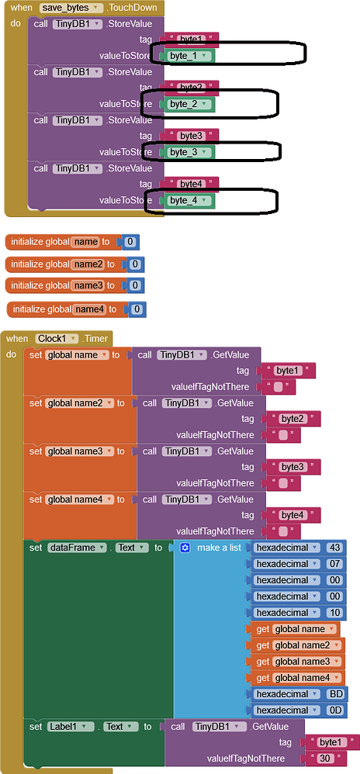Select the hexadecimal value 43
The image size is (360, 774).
[335, 548]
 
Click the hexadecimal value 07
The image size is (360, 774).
[335, 564]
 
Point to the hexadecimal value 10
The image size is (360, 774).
[335, 613]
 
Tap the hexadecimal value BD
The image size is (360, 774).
[335, 694]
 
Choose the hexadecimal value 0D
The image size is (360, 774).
[335, 710]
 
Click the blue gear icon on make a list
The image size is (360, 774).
[185, 548]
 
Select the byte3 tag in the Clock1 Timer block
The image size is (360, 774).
[292, 467]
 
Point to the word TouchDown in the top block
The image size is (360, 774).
[134, 7]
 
